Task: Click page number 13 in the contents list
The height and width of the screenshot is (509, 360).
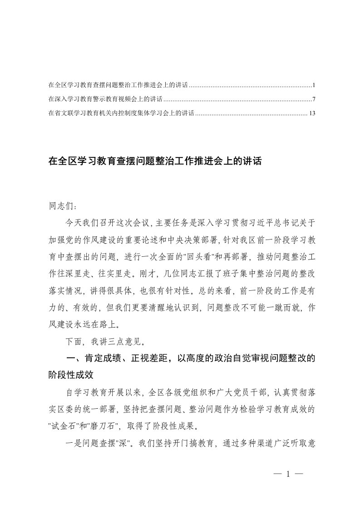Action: click(311, 113)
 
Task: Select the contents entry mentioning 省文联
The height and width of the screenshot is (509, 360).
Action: click(120, 113)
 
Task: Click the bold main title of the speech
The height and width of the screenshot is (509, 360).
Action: click(154, 161)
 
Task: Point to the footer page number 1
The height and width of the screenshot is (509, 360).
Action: click(288, 474)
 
